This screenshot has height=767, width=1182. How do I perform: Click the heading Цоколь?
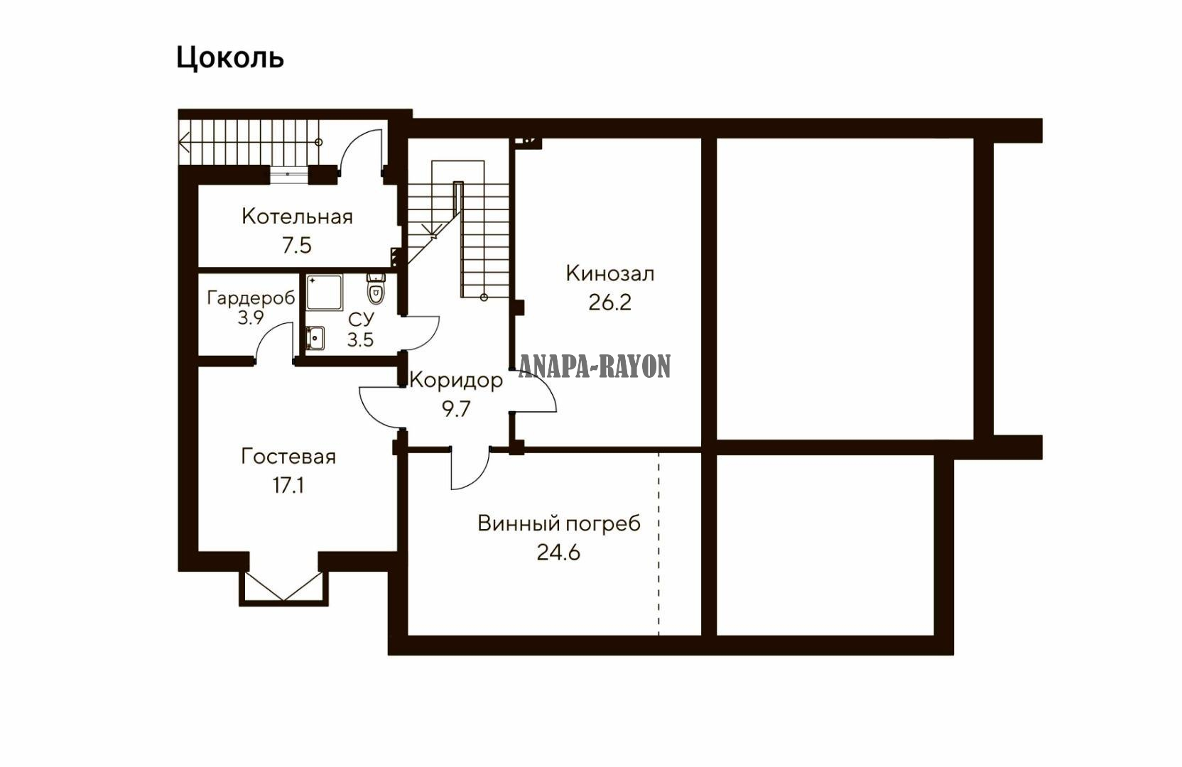230,58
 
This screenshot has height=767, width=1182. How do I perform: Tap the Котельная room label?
297,217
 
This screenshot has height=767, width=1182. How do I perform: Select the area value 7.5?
296,245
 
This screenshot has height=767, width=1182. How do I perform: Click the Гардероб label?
251,298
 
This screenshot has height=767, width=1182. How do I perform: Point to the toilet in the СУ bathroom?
376,288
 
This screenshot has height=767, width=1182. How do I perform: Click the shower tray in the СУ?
325,292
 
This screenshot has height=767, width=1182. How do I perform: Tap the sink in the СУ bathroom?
315,337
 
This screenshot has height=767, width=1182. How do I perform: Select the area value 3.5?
360,339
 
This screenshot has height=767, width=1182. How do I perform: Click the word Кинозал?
610,274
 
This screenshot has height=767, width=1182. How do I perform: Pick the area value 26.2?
610,303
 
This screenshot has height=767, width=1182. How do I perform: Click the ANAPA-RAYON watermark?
595,366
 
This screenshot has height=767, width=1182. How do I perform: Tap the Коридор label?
457,381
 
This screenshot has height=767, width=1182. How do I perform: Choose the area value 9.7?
456,409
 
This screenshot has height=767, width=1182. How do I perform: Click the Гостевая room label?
288,457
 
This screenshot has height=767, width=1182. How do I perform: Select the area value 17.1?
288,485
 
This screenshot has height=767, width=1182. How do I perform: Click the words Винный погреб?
559,524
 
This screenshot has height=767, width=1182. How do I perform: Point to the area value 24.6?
559,553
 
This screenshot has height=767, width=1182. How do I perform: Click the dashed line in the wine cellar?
659,543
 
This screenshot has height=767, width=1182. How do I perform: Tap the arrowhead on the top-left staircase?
184,142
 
